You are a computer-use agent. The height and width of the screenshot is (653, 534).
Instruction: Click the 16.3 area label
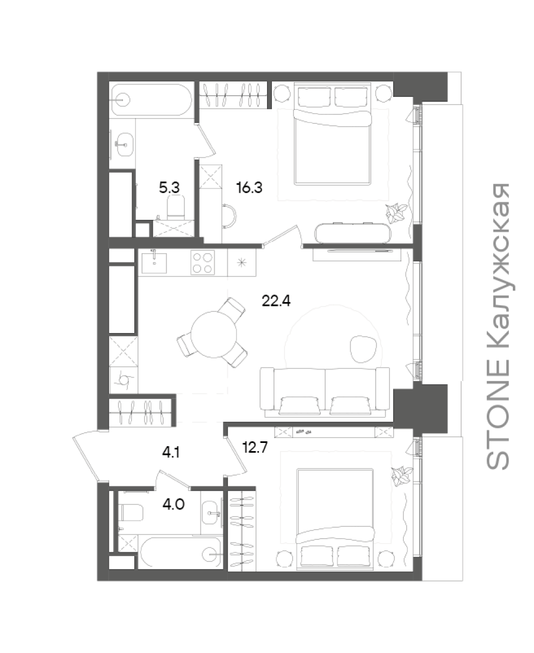click(x=249, y=188)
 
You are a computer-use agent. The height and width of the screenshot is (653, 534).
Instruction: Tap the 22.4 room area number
click(x=276, y=300)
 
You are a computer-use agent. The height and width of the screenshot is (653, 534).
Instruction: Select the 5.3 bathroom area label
click(x=169, y=188)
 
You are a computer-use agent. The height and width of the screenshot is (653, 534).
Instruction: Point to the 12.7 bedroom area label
click(x=255, y=447)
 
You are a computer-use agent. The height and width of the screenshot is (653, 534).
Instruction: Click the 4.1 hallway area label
click(x=171, y=453)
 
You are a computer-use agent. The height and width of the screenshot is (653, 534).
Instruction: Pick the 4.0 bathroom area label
click(x=173, y=504)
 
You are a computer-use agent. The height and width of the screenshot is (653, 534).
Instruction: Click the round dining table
click(x=214, y=334)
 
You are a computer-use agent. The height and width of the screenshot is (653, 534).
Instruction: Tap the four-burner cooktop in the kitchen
click(x=203, y=263)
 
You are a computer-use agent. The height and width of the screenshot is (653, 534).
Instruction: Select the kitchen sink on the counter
click(x=154, y=263)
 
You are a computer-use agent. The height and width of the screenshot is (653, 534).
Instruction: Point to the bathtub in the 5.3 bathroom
click(x=152, y=100)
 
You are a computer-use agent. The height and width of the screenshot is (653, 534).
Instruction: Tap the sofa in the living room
click(x=325, y=392)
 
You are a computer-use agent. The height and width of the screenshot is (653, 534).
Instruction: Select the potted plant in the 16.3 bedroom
click(x=396, y=213)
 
